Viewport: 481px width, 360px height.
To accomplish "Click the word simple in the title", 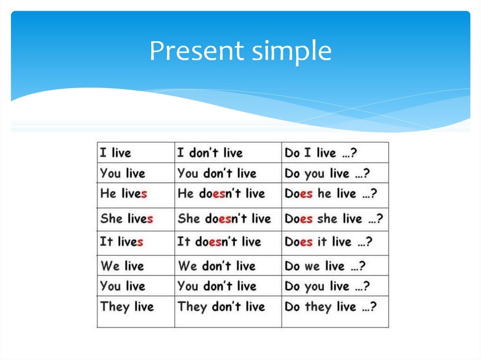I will (292, 51).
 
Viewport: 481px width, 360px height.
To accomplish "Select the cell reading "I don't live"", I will (209, 153).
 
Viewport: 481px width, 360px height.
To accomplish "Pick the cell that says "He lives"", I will (124, 193).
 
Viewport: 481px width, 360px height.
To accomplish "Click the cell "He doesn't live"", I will (221, 193).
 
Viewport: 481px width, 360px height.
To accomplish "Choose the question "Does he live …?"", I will (331, 193).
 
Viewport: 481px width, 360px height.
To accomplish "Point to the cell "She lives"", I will (126, 219).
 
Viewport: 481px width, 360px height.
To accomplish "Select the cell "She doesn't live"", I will (224, 219).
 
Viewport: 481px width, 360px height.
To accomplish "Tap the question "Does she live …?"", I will (334, 219).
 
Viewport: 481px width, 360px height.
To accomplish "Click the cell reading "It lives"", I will (122, 242).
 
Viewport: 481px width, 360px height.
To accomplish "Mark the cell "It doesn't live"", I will (219, 242).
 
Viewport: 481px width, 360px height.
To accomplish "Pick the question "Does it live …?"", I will (328, 242).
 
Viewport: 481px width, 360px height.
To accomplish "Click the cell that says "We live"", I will (122, 266).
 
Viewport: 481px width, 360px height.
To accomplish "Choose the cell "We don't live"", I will (217, 266).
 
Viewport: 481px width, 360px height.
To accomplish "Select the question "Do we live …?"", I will (325, 266).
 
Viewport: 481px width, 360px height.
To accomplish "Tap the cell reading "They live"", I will (127, 307).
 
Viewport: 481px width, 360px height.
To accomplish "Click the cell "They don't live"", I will (221, 307).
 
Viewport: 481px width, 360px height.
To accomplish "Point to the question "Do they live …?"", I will (330, 307).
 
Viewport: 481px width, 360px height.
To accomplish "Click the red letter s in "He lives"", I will (144, 193).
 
